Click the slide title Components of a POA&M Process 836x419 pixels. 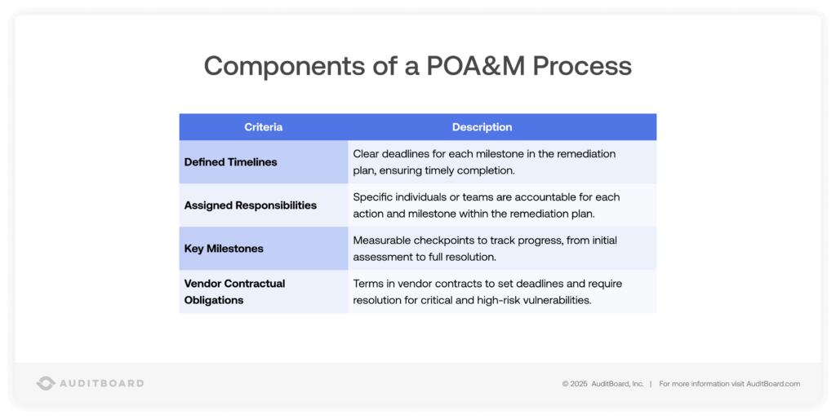point(417,66)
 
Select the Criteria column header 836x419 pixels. point(263,127)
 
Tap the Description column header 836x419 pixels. point(482,127)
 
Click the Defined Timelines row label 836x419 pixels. point(230,162)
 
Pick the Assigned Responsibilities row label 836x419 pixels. point(250,205)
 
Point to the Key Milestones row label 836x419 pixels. point(223,249)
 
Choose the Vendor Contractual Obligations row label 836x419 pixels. point(234,292)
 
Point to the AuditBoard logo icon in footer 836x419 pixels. point(46,383)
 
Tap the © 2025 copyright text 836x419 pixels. point(575,383)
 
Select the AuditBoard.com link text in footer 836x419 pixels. point(772,383)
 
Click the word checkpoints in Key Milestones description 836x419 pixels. point(445,240)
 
